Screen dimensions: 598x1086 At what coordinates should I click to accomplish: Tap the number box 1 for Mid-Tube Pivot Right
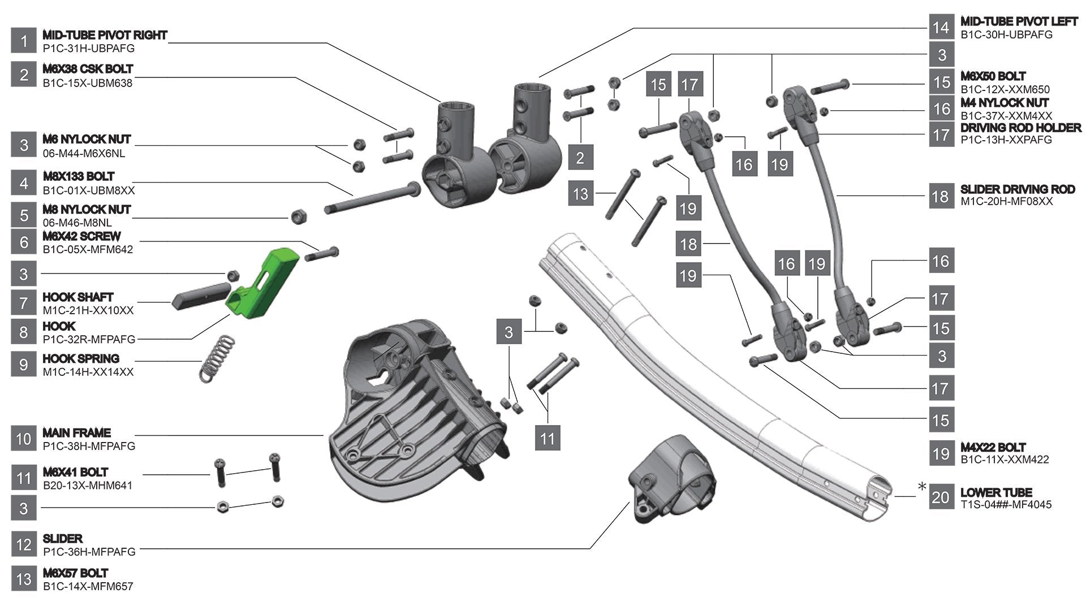tap(24, 41)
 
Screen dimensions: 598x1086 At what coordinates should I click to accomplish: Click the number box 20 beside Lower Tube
tap(941, 497)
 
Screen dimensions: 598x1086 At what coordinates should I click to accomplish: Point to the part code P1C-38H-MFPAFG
tap(89, 446)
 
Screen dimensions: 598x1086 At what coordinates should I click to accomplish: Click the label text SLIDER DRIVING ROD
tap(1017, 189)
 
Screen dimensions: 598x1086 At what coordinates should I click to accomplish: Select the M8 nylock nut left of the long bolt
tap(298, 216)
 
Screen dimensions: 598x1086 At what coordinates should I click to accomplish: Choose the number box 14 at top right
tap(941, 28)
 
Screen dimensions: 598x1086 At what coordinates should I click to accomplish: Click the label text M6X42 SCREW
tap(81, 236)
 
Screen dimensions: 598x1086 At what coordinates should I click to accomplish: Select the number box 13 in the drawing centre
tap(580, 194)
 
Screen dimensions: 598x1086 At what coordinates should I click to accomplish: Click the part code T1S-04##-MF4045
tap(1006, 504)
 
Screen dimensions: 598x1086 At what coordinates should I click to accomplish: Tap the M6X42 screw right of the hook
tap(322, 254)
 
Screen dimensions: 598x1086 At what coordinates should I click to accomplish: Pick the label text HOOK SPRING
tap(81, 359)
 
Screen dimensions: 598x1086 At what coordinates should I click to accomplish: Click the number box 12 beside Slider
tap(24, 545)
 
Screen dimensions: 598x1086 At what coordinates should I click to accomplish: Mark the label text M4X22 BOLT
tap(993, 447)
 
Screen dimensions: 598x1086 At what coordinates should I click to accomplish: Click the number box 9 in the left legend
tap(24, 365)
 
